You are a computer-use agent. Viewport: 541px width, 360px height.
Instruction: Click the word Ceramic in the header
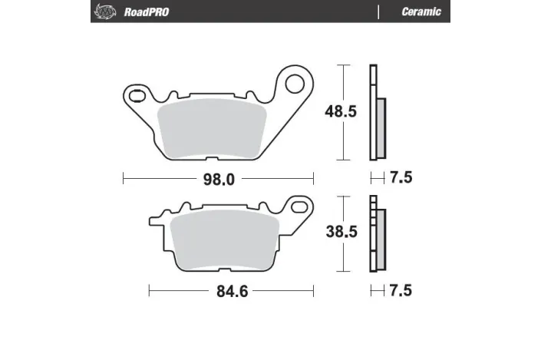[x=421, y=12]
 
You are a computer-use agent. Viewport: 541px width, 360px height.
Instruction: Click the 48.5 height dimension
[x=341, y=112]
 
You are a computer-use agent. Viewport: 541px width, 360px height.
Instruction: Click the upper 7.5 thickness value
[x=401, y=179]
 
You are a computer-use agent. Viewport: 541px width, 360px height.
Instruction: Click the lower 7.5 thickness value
[x=401, y=292]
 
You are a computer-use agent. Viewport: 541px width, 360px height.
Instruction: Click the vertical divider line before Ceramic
[x=379, y=12]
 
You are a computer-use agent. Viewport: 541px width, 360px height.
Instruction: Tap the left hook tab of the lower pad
[x=157, y=219]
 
